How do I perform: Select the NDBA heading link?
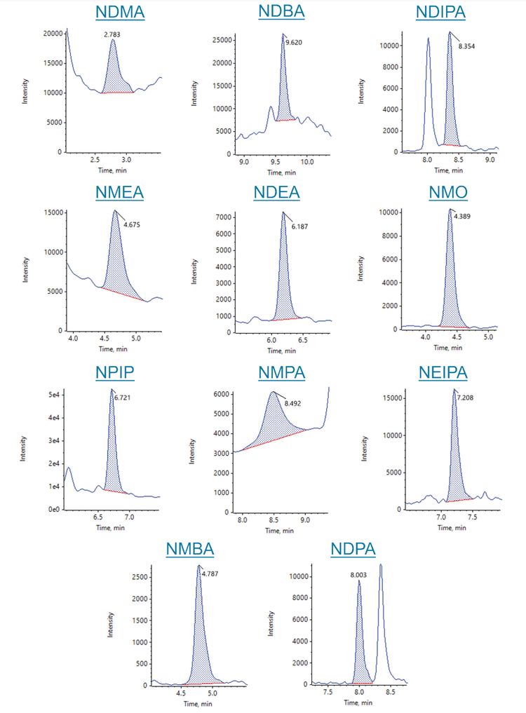point(281,13)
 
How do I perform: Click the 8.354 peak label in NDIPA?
point(466,46)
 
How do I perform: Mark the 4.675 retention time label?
point(132,225)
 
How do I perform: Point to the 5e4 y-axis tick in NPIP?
point(53,395)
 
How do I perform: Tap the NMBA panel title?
point(189,549)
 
